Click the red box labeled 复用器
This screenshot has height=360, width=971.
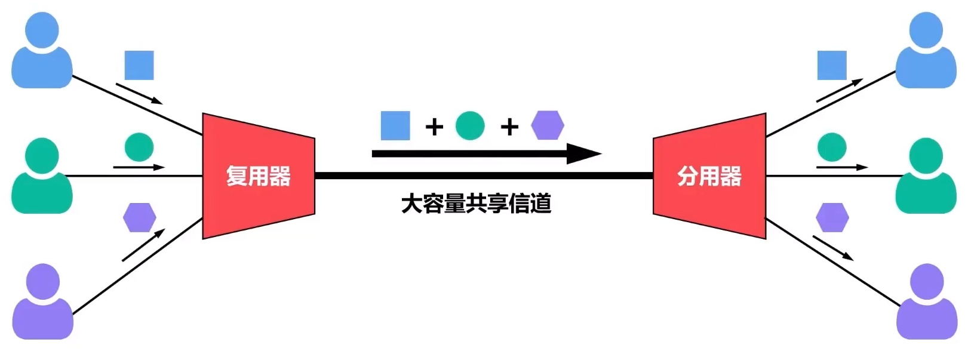(x=258, y=176)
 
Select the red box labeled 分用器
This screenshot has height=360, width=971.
(x=709, y=176)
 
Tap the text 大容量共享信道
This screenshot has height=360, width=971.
(x=476, y=204)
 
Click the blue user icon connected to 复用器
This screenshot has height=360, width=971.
(x=42, y=51)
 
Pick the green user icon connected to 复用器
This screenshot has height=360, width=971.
(x=42, y=176)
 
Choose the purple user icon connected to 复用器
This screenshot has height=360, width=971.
(x=42, y=301)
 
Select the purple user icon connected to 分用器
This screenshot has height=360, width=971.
(x=926, y=301)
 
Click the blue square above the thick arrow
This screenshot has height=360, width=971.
(x=395, y=125)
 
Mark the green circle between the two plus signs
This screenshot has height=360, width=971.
(x=470, y=125)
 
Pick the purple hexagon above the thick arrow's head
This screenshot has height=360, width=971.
(x=548, y=125)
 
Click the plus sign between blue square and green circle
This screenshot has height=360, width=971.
(x=434, y=127)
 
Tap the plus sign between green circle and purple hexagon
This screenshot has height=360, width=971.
(x=509, y=127)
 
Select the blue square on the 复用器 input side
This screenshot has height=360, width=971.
(x=139, y=65)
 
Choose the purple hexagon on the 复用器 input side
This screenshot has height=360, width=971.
(x=139, y=217)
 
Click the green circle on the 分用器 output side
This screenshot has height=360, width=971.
(x=831, y=147)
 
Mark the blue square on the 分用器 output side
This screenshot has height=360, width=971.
(x=832, y=65)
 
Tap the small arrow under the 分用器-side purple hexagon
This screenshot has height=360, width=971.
(x=833, y=248)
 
